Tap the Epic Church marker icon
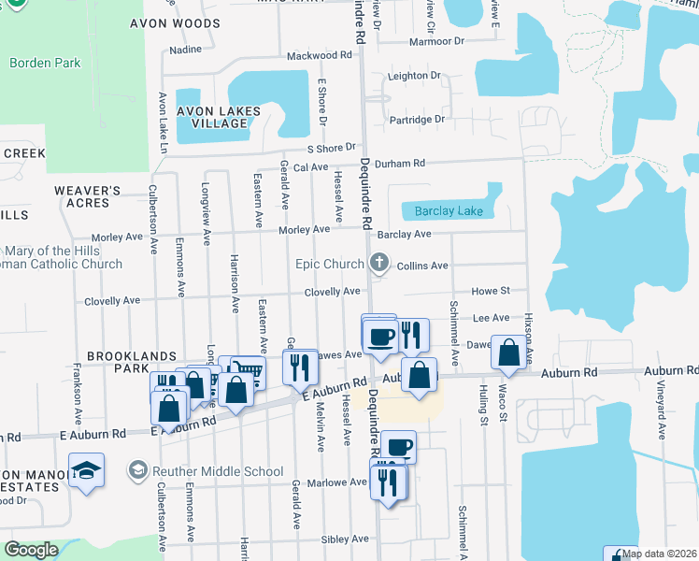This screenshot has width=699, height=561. tap(378, 264)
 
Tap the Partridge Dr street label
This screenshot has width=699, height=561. tap(418, 120)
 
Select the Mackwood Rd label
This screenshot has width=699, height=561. tap(320, 55)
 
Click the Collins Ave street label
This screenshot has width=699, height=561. tap(422, 266)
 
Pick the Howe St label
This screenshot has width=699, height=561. tap(490, 292)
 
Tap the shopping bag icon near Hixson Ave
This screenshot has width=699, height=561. tap(508, 352)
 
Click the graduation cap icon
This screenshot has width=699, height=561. tap(86, 470)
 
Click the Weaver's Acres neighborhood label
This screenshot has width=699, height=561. tap(88, 196)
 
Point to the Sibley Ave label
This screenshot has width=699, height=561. tap(345, 539)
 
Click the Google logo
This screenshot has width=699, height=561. tap(32, 550)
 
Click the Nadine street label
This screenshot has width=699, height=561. tap(185, 49)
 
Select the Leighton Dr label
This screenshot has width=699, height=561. tap(414, 76)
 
